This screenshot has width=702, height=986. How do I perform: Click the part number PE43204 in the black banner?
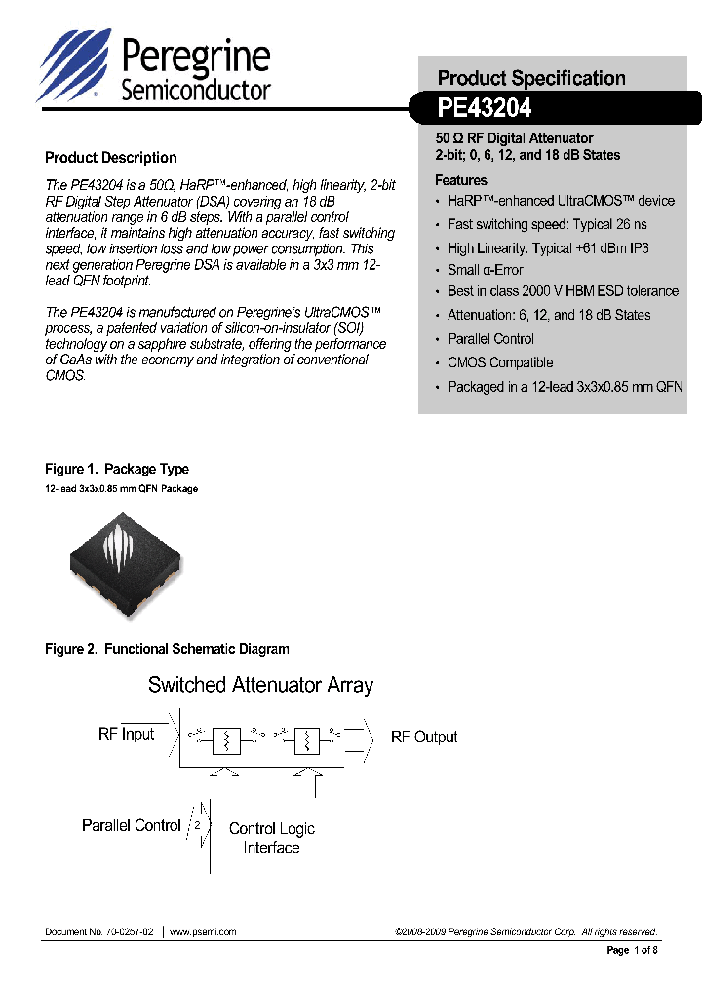485,109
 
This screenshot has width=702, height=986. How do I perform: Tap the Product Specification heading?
530,78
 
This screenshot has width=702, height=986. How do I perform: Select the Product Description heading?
111,158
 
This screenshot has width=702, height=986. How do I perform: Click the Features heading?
460,180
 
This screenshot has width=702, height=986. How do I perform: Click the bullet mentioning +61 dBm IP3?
548,248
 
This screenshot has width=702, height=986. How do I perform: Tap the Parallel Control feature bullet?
490,339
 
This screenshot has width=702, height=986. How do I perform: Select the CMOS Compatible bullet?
499,362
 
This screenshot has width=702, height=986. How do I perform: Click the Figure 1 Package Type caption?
117,469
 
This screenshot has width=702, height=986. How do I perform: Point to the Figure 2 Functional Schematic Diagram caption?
167,649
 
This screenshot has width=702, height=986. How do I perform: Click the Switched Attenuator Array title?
260,685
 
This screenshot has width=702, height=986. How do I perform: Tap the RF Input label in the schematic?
127,734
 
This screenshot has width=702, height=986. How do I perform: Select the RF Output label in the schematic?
423,738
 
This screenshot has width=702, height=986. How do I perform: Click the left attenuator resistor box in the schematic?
226,742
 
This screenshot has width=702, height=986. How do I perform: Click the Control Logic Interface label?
271,838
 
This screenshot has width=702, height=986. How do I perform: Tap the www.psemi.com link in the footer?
203,931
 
